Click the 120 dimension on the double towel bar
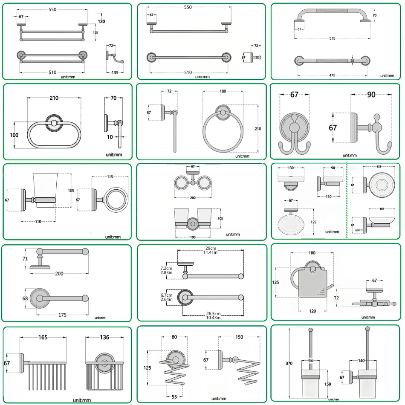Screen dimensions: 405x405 tap(101, 21)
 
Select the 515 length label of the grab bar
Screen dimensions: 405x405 tap(332, 38)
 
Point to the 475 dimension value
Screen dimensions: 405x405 tap(332, 75)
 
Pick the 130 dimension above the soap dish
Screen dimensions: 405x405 tap(290, 168)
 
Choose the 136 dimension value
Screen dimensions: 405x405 tap(104, 337)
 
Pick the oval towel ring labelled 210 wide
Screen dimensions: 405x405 tap(54, 133)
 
